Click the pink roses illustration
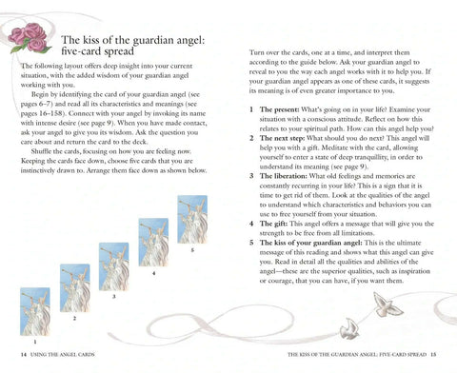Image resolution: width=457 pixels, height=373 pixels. click(30, 37)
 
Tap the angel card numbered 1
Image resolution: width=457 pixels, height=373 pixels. click(35, 311)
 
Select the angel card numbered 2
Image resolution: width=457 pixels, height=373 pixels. click(75, 288)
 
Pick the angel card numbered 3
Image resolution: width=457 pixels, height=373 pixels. click(114, 266)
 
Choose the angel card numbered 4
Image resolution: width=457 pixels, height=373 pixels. click(153, 242)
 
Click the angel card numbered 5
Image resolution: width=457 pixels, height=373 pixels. click(192, 220)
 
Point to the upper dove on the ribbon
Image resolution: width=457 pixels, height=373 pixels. click(387, 305)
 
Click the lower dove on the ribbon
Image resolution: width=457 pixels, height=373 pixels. click(349, 328)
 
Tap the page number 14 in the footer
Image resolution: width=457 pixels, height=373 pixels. click(24, 355)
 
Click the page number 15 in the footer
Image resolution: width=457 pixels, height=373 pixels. click(433, 354)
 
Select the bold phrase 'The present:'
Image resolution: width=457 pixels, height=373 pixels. click(279, 109)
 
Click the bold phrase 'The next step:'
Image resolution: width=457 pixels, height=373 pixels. click(282, 138)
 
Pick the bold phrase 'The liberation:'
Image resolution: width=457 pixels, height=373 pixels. click(284, 176)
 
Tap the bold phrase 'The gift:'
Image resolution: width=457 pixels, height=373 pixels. click(273, 224)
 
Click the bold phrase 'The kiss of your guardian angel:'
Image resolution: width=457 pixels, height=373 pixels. click(310, 243)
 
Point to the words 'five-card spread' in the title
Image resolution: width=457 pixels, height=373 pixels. click(97, 51)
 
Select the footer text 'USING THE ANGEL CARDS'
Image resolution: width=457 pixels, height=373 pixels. click(63, 355)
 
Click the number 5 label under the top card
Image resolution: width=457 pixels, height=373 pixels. click(192, 250)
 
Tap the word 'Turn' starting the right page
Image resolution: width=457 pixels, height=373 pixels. click(256, 52)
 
